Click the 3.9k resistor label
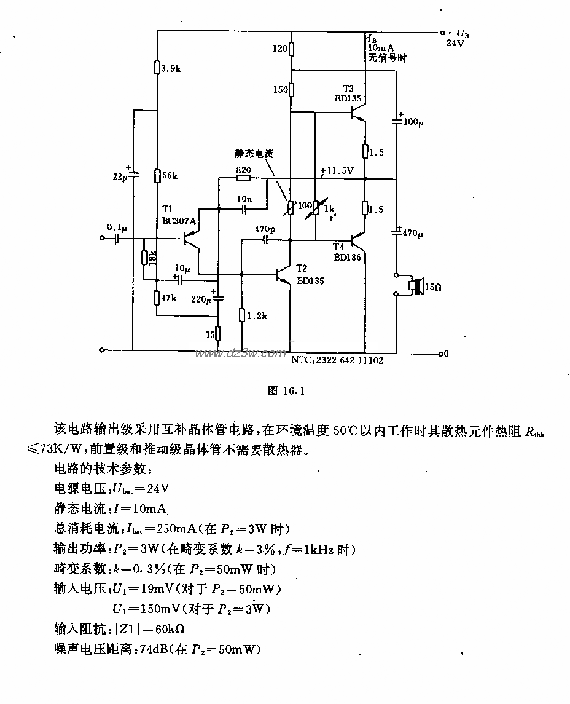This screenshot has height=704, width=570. click(x=171, y=69)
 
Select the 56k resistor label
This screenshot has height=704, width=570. click(x=170, y=176)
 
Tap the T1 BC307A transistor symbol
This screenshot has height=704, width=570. click(x=192, y=242)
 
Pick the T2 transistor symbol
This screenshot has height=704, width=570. click(x=284, y=275)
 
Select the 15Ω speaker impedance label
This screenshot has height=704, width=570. click(x=434, y=286)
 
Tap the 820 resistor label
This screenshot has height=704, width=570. click(x=243, y=169)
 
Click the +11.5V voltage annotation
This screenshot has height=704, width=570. click(x=335, y=171)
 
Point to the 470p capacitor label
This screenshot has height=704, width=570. click(x=265, y=229)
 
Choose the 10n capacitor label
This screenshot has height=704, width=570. click(x=244, y=199)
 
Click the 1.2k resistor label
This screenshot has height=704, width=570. click(x=257, y=315)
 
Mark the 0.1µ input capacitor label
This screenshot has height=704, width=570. click(x=116, y=227)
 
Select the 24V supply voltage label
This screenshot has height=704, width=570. click(x=456, y=44)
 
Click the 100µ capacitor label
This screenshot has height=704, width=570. click(x=413, y=123)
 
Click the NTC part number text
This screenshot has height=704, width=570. click(x=337, y=361)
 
